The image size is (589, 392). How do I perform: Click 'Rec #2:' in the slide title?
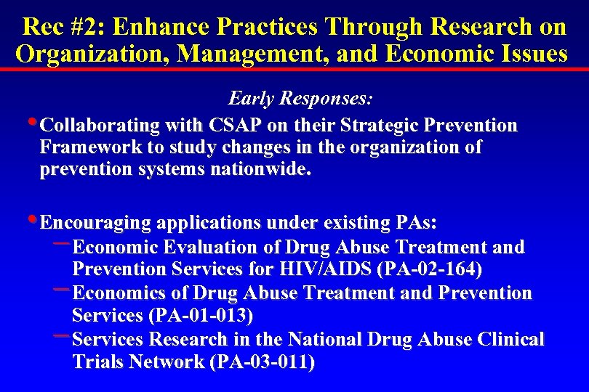[x=63, y=28]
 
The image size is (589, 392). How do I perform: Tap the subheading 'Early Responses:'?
[x=301, y=98]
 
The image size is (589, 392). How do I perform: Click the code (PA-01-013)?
[x=201, y=316]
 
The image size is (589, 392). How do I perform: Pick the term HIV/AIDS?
[x=326, y=270]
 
